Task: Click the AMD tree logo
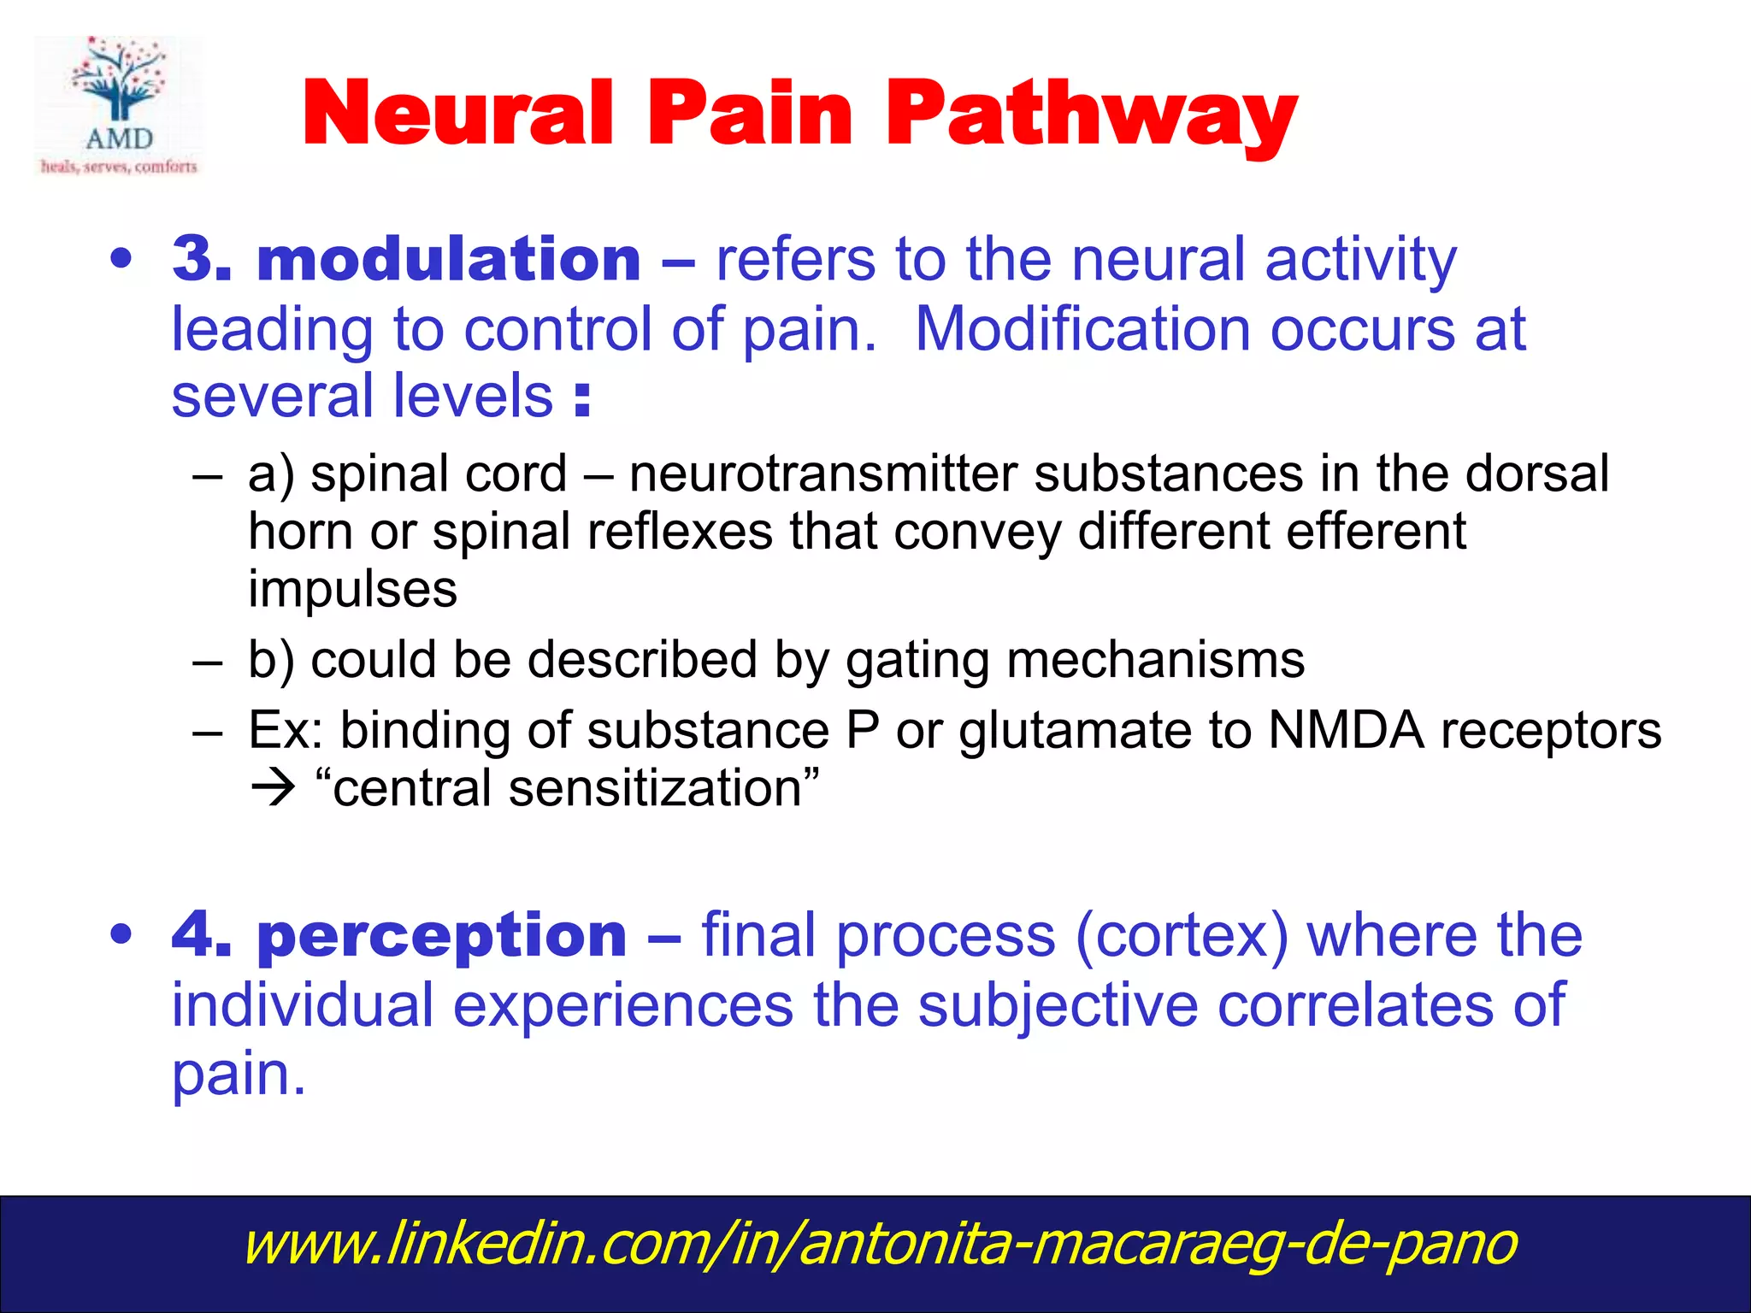coord(119,81)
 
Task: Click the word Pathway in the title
coord(1091,114)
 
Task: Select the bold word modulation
coord(449,259)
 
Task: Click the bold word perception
coord(442,934)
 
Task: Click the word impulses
coord(352,589)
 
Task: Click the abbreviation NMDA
coord(1346,731)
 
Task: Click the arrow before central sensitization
coord(273,788)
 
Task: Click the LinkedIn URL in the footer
coord(880,1244)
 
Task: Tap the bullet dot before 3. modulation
coord(121,259)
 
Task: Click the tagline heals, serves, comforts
coord(119,167)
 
